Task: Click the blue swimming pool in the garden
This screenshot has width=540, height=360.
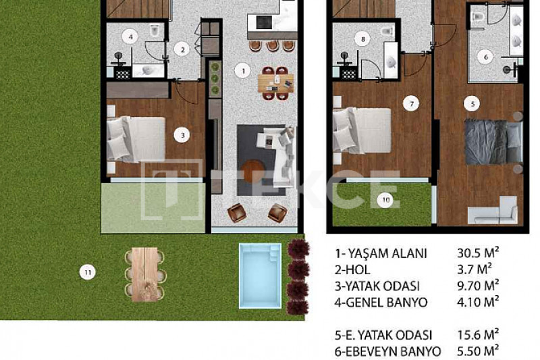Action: pos(260,276)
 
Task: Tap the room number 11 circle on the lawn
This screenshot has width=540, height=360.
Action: pos(88,272)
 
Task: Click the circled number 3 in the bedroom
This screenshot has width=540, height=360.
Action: pos(182,135)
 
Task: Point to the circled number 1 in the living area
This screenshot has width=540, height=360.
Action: pos(243,71)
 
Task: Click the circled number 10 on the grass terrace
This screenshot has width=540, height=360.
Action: pos(385,200)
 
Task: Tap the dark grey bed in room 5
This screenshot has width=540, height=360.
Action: pos(493,142)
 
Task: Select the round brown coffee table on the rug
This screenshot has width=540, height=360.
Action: pos(254,171)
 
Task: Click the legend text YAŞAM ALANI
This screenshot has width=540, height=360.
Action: pos(387,253)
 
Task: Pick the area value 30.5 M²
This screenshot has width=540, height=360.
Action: pos(478,253)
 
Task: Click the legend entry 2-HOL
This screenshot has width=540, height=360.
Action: pos(352,269)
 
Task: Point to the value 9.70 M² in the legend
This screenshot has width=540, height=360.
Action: pos(478,285)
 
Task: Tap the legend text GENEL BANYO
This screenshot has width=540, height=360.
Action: pos(386,303)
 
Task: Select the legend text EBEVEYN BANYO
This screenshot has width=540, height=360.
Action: pos(393,352)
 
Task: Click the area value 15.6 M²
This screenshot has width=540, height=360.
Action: pos(478,334)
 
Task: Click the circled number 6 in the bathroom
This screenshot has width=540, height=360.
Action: pos(485,57)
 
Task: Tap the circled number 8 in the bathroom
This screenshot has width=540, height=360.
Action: pos(362,39)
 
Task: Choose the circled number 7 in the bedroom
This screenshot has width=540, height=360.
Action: pos(411,103)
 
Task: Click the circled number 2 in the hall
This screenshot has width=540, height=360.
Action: pos(182,49)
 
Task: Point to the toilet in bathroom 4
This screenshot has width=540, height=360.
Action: pos(155,30)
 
